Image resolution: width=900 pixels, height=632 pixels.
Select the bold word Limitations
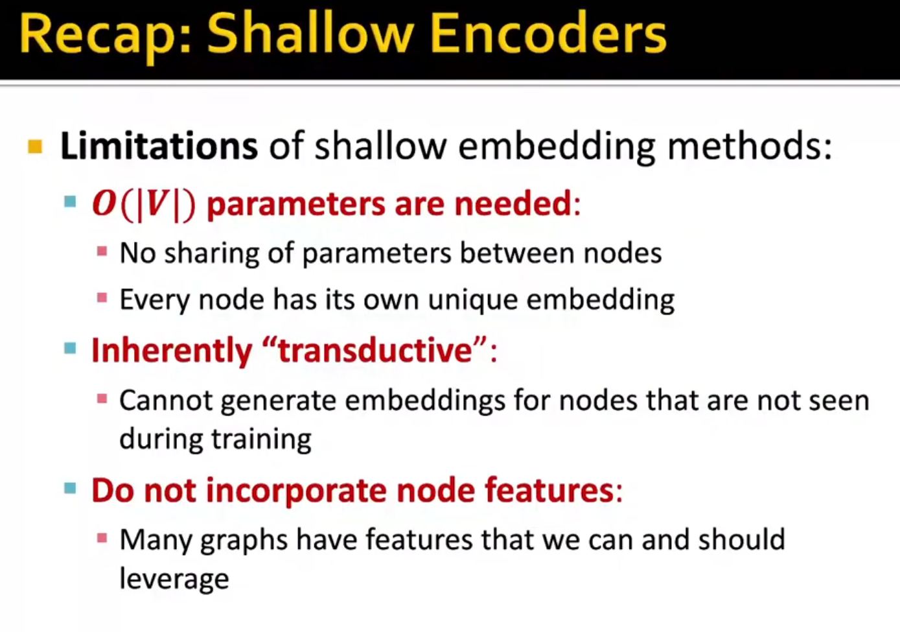coord(159,146)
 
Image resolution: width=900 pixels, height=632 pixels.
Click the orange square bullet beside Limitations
coord(35,146)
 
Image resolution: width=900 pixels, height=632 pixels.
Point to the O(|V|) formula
coord(144,205)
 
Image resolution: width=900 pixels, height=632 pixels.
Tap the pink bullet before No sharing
coord(102,252)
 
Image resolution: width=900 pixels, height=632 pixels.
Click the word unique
coord(472,300)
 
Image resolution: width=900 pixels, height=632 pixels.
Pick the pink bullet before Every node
coord(102,298)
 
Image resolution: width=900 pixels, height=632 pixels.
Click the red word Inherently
coord(172,351)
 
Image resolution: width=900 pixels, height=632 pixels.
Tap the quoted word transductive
coord(375,351)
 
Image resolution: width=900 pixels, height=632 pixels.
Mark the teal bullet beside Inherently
coord(70,347)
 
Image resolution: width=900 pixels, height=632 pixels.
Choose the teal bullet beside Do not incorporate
coord(70,488)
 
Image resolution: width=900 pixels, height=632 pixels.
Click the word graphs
coord(244,541)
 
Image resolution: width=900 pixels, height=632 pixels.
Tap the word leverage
coord(174,579)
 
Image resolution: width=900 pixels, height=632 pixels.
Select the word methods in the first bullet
coord(750,146)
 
